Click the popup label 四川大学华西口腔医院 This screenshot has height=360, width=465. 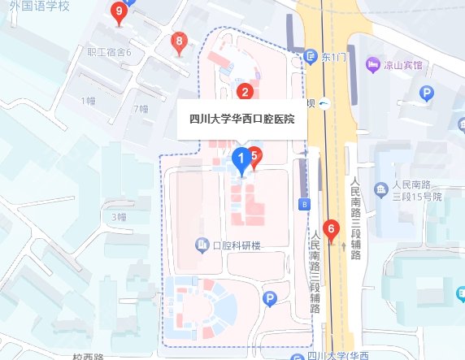(241, 119)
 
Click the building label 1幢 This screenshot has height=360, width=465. (89, 100)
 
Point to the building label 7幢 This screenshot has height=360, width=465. (140, 108)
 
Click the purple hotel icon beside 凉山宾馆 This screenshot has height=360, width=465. (373, 63)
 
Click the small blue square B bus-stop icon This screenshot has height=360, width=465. (304, 204)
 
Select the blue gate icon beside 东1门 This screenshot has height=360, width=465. (312, 57)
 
